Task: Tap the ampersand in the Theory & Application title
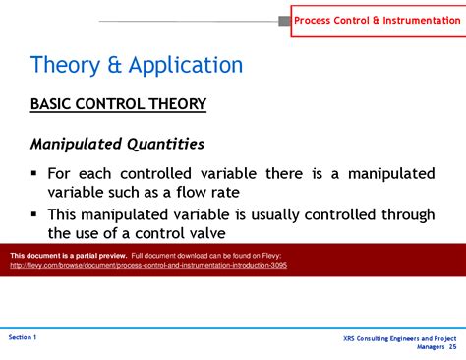(114, 66)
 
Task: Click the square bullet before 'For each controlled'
(34, 173)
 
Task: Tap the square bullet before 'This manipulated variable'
(34, 213)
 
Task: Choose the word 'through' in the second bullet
(402, 213)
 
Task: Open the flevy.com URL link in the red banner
(148, 266)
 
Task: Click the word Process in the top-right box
(317, 20)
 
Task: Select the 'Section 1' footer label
(23, 337)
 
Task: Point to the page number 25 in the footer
(452, 347)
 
